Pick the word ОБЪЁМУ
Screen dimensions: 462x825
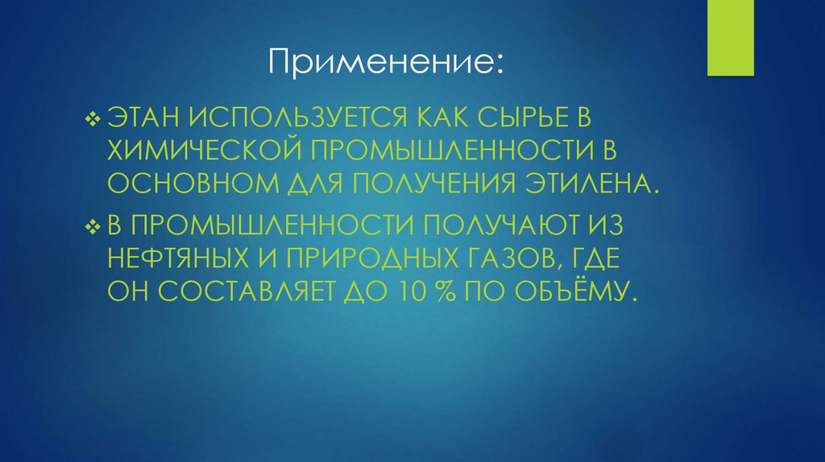pos(582,291)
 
